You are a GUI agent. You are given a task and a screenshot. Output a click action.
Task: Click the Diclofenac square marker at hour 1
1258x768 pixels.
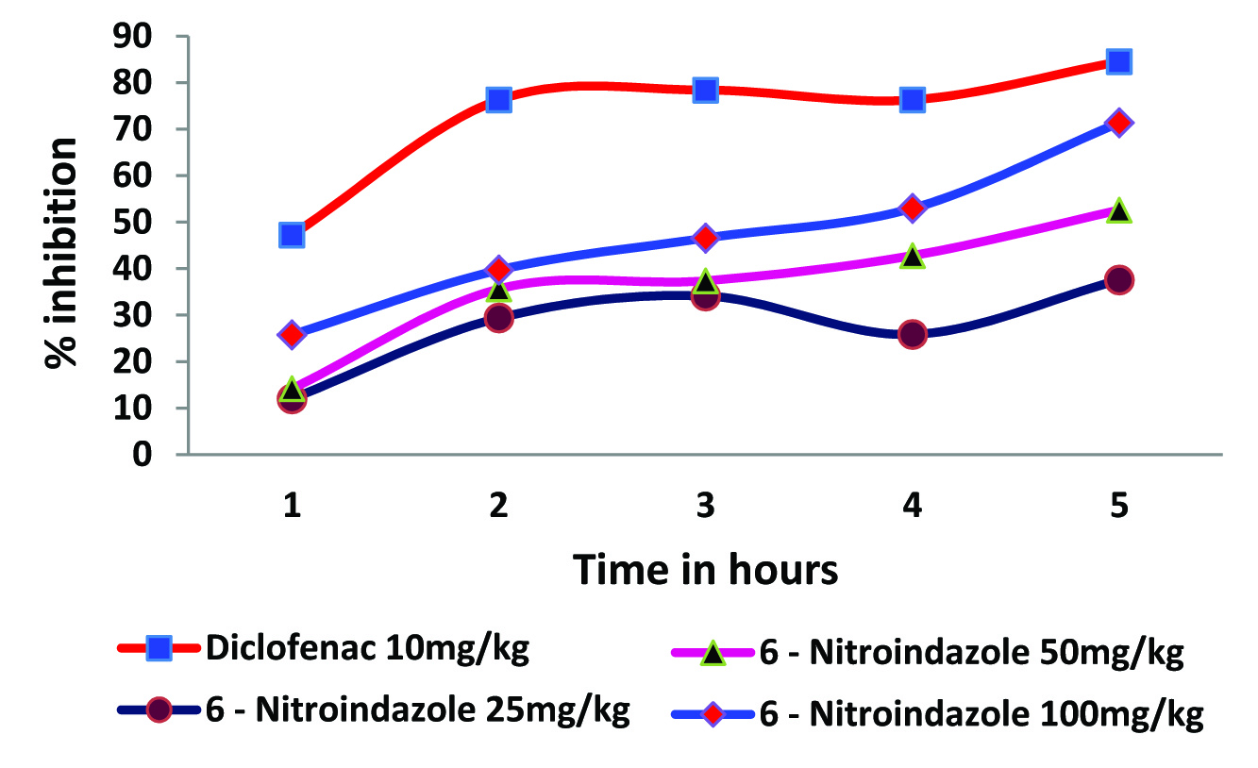click(x=292, y=235)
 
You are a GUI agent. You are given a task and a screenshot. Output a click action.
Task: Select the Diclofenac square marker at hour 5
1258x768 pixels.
click(x=1119, y=62)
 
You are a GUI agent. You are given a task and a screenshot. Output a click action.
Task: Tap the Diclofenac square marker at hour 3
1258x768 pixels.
click(x=705, y=91)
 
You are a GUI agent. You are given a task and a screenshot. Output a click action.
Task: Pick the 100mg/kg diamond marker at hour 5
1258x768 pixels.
click(x=1119, y=123)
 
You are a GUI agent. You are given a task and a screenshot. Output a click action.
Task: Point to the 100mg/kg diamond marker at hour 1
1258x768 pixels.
click(x=292, y=334)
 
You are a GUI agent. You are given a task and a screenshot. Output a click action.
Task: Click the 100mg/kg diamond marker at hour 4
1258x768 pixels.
click(x=912, y=208)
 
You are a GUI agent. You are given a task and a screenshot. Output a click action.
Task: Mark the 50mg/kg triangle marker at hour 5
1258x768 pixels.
click(x=1119, y=210)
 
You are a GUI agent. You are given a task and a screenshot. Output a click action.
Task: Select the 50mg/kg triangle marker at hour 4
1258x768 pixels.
click(x=912, y=257)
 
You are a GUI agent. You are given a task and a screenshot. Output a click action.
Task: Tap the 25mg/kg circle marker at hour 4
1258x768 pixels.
click(x=912, y=334)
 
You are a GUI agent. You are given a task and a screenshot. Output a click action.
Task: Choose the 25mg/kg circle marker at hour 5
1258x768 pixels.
click(x=1119, y=280)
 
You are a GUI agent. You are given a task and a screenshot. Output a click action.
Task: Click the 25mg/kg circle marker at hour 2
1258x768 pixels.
click(x=499, y=317)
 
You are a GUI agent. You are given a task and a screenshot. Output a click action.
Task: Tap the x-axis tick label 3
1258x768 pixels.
click(x=705, y=507)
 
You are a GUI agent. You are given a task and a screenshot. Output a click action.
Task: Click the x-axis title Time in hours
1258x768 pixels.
click(x=705, y=570)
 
